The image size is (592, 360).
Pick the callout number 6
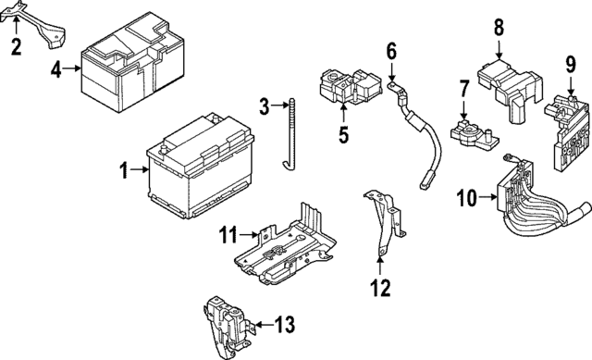click(x=390, y=50)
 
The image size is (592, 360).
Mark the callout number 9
click(x=571, y=65)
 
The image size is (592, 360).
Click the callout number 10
click(x=465, y=196)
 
